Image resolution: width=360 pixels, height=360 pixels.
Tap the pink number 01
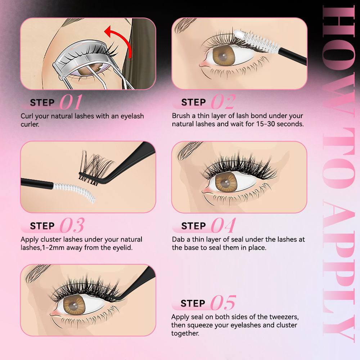click(x=71, y=102)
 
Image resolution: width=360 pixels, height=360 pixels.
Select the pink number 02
click(x=223, y=102)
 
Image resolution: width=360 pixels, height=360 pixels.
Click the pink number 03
click(x=72, y=226)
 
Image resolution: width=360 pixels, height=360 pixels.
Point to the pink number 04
click(x=223, y=226)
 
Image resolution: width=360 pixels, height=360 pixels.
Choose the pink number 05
click(x=223, y=303)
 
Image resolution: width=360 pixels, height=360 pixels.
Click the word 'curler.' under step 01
click(x=30, y=125)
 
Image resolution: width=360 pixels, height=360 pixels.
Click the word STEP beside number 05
click(x=193, y=303)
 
